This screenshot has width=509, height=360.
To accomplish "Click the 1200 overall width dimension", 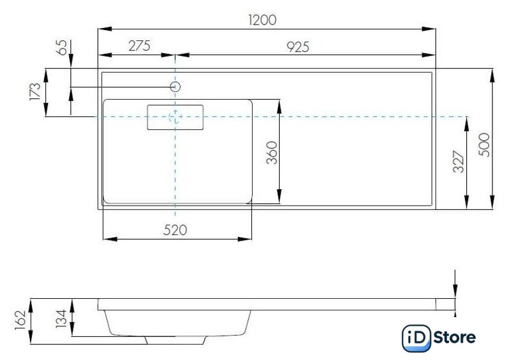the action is click(x=262, y=20).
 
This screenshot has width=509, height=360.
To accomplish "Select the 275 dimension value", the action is click(x=139, y=46).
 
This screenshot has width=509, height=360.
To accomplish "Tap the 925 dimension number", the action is click(x=298, y=47).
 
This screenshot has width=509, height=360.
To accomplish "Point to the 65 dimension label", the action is click(x=62, y=47).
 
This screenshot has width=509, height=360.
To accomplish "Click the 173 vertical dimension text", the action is click(x=35, y=92).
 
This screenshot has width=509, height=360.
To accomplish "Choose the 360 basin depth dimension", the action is click(x=272, y=152).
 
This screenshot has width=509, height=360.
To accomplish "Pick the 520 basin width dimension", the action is click(x=176, y=230).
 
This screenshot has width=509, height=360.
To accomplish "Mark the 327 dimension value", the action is click(x=458, y=162).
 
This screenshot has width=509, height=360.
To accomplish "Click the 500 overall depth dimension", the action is click(x=484, y=144).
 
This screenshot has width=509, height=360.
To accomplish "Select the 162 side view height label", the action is click(x=20, y=320).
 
